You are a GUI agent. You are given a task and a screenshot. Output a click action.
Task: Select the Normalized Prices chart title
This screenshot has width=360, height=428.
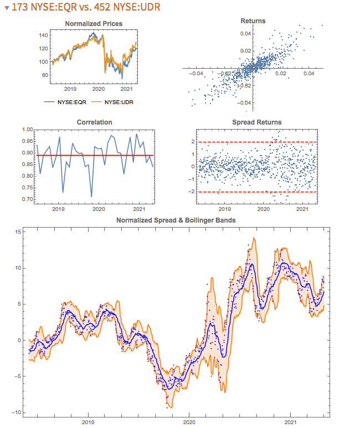[94, 24]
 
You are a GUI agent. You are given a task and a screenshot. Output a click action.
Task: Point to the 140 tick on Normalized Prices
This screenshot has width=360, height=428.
[43, 35]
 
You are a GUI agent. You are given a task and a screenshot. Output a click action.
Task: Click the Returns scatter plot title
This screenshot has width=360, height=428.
[253, 21]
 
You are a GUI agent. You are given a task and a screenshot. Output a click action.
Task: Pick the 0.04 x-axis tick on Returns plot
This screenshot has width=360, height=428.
[308, 74]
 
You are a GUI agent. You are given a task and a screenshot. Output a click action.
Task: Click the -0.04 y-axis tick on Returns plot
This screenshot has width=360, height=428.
[245, 102]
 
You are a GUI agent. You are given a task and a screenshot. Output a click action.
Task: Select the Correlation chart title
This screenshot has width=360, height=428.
[94, 122]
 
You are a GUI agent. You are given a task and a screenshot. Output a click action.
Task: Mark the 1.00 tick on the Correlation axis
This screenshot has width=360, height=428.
[26, 130]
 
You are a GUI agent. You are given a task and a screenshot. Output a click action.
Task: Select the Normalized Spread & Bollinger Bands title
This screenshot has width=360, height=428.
[176, 220]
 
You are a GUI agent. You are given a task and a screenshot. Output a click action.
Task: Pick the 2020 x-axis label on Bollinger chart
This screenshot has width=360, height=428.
[189, 422]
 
